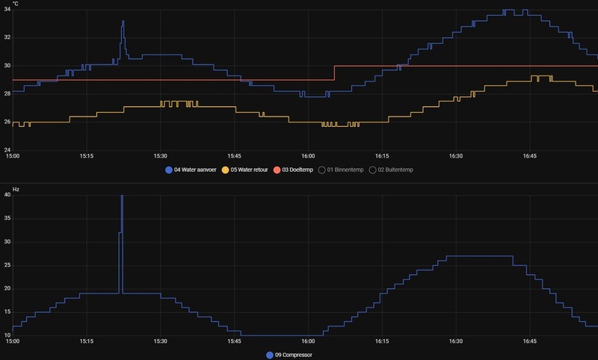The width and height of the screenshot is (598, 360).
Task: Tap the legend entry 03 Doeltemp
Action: click(x=299, y=170)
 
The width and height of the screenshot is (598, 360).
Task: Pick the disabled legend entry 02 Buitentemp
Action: click(x=396, y=170)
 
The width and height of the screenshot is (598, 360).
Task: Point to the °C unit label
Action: click(x=16, y=4)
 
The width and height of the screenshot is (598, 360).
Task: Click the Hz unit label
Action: click(x=16, y=190)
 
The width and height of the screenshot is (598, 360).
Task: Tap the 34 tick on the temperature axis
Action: click(x=7, y=10)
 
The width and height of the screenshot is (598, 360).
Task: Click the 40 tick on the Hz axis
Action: click(x=7, y=195)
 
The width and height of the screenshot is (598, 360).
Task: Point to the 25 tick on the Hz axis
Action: click(x=7, y=265)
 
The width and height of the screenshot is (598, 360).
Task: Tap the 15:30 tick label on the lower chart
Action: click(x=160, y=341)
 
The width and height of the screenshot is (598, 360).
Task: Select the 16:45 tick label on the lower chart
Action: click(x=529, y=341)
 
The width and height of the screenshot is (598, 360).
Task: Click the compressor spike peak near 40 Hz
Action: click(x=122, y=196)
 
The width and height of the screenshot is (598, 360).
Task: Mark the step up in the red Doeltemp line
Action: click(x=334, y=73)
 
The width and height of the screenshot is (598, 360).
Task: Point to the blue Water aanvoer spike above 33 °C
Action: click(x=123, y=22)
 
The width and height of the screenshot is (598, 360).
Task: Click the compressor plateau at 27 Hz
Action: click(x=478, y=256)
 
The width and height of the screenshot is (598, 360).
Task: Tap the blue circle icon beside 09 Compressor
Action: click(x=271, y=355)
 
